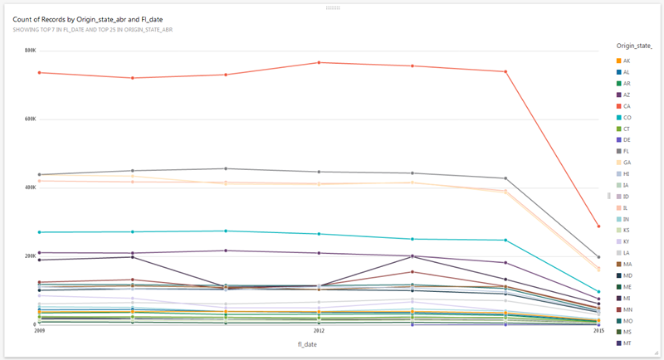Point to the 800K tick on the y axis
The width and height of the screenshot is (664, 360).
[30, 51]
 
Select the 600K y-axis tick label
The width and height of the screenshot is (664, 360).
[30, 119]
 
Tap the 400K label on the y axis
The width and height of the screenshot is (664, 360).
[30, 187]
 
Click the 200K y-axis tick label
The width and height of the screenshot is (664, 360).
[30, 255]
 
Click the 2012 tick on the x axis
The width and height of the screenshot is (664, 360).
[319, 330]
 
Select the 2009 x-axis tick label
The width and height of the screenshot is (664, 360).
[39, 330]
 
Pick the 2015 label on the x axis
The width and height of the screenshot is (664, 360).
[598, 330]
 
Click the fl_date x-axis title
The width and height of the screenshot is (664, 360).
[319, 342]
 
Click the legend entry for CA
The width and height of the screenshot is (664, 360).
[627, 106]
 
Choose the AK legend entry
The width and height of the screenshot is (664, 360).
[627, 61]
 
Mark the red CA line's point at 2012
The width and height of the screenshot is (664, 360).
[319, 62]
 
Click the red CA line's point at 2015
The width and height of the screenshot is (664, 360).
[598, 226]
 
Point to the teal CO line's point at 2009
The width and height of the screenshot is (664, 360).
[39, 232]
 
